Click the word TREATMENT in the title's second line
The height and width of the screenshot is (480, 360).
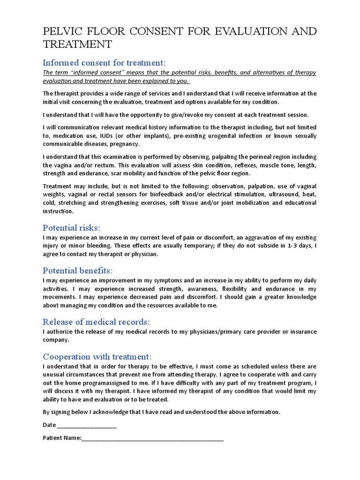coord(77,45)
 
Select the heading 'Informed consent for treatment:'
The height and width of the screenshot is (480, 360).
coord(104,63)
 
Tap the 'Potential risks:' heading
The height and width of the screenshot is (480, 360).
coord(71,228)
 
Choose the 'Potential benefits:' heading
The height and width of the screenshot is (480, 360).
coord(77,271)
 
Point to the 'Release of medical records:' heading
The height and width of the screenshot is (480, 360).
coord(96,322)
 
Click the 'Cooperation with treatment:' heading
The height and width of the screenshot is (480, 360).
coord(97,357)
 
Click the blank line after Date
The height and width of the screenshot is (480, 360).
coord(86,426)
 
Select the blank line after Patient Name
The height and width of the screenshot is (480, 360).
coord(152,439)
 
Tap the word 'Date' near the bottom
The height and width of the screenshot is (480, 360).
coord(49,425)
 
